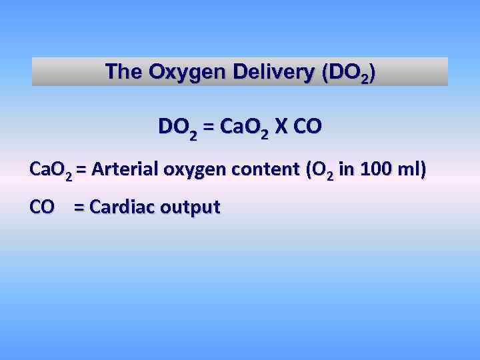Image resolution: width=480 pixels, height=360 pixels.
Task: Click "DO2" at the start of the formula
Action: coord(177,127)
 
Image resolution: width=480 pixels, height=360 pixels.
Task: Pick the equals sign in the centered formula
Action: coord(209,127)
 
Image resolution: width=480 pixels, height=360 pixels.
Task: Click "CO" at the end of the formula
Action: coord(307,127)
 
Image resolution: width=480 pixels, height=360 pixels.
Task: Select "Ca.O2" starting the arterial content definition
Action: coord(51,170)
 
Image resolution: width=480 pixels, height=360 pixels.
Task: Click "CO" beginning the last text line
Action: coord(42,207)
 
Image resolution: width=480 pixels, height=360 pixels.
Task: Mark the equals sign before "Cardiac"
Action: coord(79,207)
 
